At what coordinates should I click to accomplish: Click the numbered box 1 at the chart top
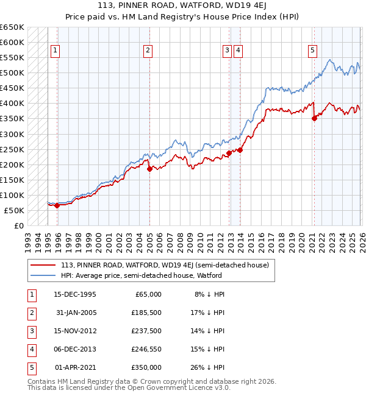56,51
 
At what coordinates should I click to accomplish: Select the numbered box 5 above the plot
312,51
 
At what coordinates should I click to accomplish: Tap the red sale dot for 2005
149,169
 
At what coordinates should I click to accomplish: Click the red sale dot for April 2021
314,119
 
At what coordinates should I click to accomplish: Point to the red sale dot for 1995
57,206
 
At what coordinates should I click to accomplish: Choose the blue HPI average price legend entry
141,275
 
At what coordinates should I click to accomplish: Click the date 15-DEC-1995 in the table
75,294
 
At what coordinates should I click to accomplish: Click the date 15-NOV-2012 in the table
75,331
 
